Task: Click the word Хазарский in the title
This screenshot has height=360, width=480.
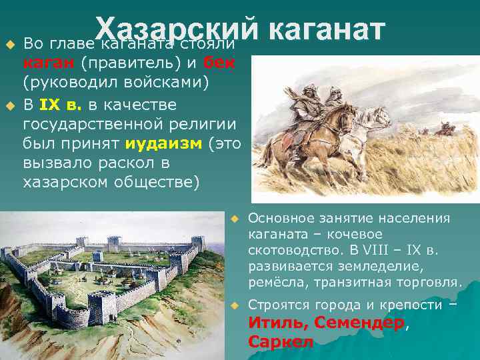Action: (175, 29)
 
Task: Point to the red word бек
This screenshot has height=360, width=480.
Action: (219, 63)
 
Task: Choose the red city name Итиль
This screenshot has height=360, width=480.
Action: (273, 323)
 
